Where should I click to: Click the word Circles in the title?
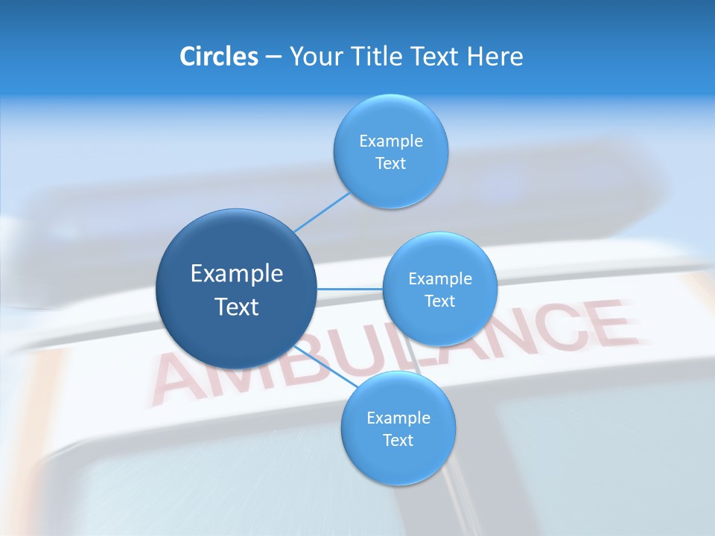(x=218, y=57)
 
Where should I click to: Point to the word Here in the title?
(x=495, y=57)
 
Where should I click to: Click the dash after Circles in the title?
(x=273, y=57)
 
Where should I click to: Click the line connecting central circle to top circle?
(x=322, y=212)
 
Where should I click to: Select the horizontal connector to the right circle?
(x=350, y=289)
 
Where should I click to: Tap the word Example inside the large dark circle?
(x=237, y=274)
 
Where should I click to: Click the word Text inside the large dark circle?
(x=237, y=307)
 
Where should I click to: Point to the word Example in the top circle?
(x=391, y=141)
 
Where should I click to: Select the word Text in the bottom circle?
(x=398, y=441)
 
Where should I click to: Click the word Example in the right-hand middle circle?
(x=440, y=279)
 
